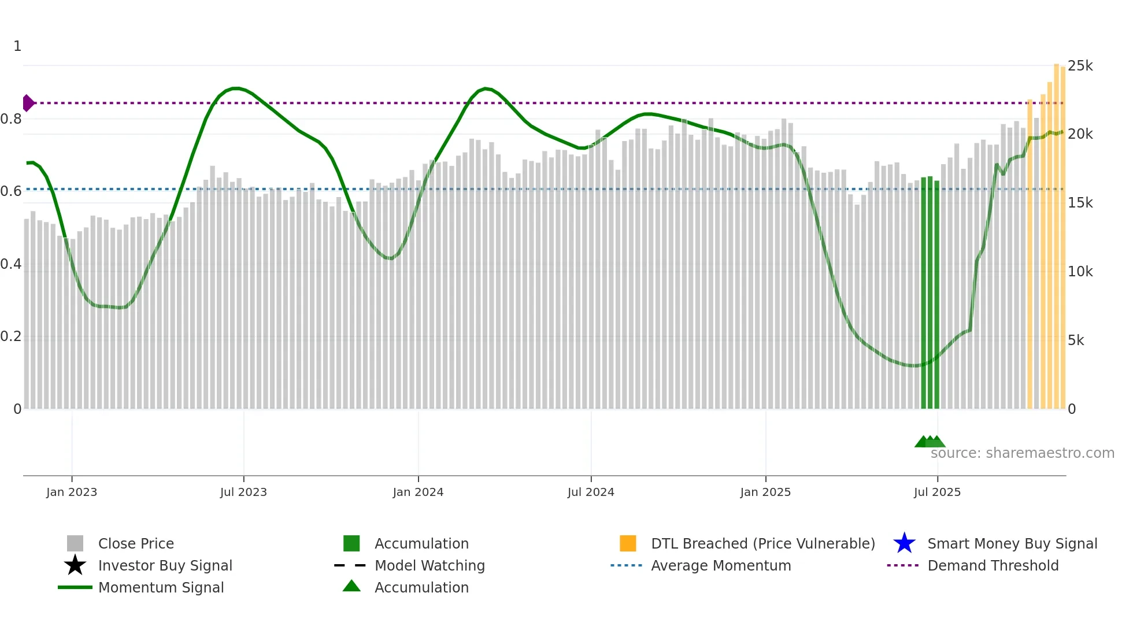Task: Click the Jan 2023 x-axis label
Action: coord(72,492)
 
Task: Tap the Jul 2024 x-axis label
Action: coord(591,492)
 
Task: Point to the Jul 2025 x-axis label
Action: coord(937,492)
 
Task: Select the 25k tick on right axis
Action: coord(1080,66)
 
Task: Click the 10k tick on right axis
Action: coord(1080,272)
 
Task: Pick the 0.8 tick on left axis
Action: coord(11,119)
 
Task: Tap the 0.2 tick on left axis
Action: coord(11,336)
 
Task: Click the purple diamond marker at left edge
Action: coord(28,103)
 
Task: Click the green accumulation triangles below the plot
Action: coord(930,442)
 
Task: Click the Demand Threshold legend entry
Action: coord(993,565)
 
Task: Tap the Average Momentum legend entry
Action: coord(720,565)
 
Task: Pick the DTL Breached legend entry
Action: coord(762,543)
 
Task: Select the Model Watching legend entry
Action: coord(429,565)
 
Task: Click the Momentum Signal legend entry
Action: coord(161,587)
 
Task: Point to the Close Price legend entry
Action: coord(136,543)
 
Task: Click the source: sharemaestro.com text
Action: coord(1022,453)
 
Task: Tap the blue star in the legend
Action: coord(904,543)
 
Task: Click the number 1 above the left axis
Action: coord(17,46)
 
